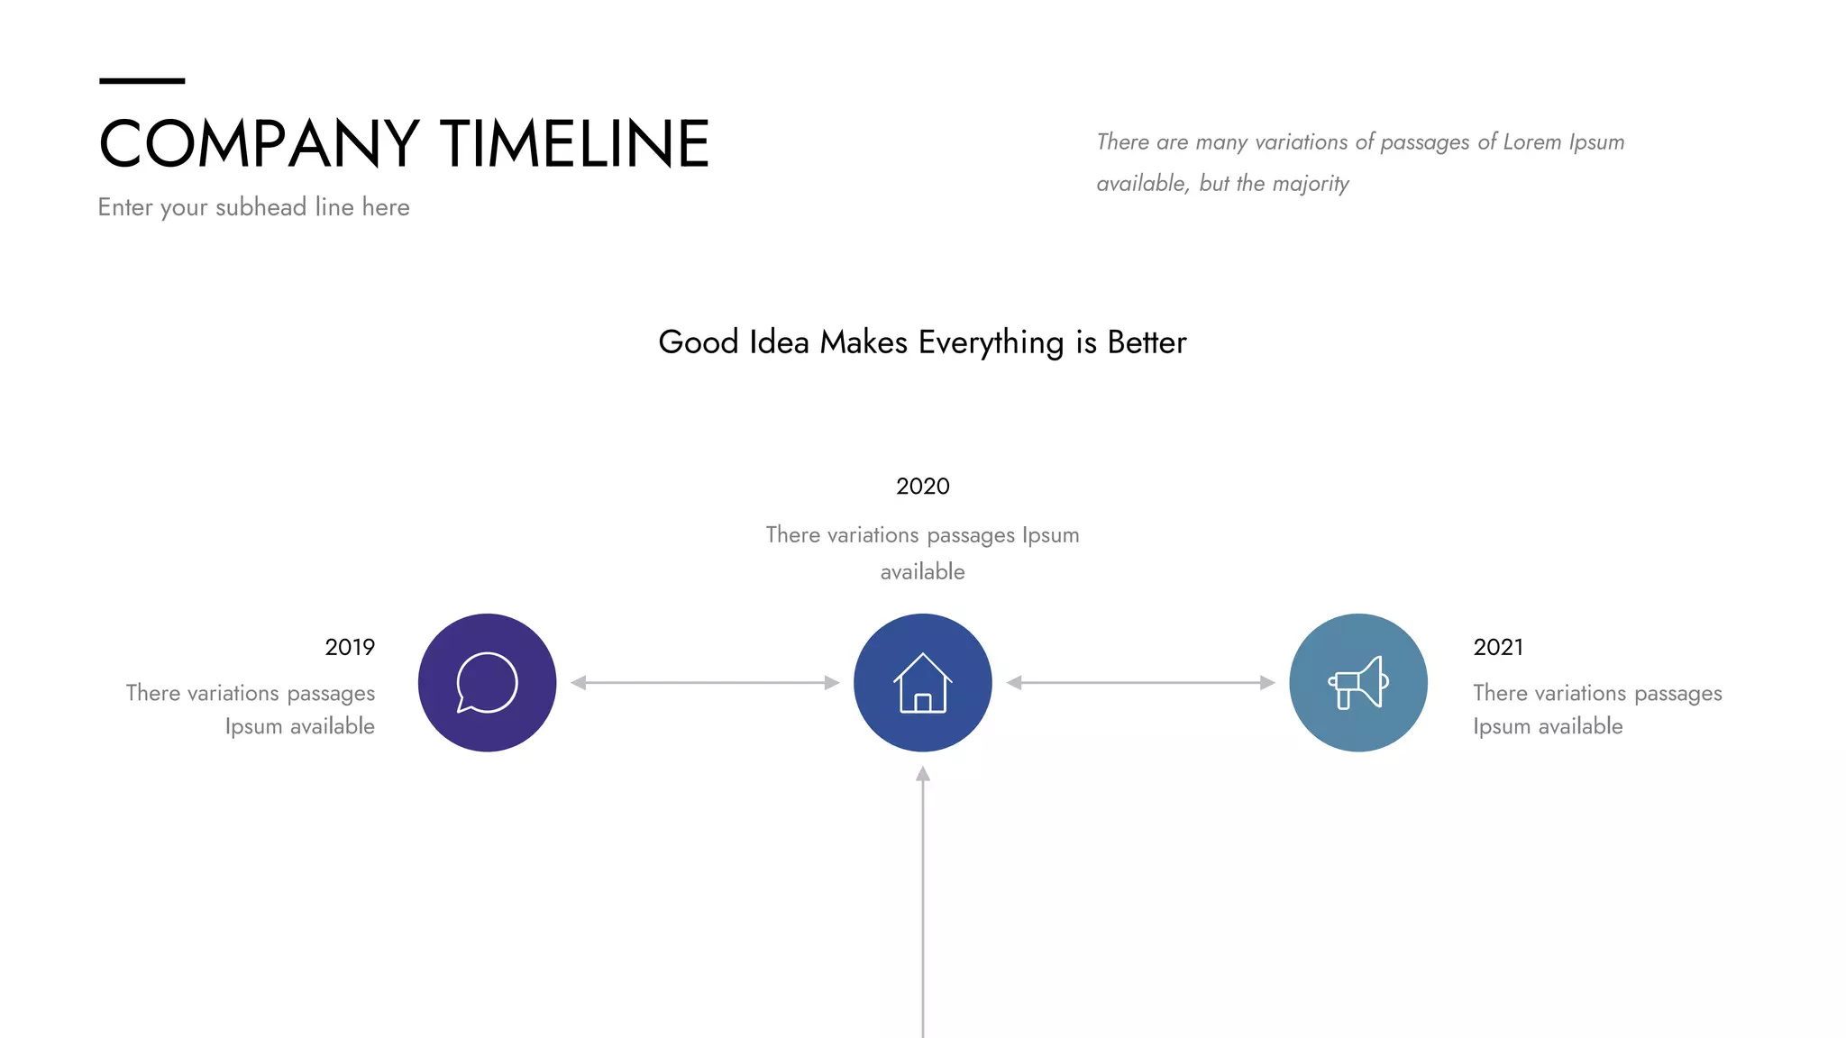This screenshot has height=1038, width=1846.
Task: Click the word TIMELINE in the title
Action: point(575,144)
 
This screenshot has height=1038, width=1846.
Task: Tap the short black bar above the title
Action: point(142,81)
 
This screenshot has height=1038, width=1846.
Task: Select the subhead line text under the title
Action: point(253,207)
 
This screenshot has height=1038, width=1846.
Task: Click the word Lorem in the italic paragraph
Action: point(1531,142)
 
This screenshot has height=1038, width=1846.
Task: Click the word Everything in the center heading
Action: point(991,343)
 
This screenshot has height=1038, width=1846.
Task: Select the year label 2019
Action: point(350,647)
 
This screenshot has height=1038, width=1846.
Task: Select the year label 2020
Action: point(922,487)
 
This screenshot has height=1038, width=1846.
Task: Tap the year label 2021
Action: point(1498,647)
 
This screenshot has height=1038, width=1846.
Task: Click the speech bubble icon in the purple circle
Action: point(487,683)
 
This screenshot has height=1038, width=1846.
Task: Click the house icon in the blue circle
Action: point(922,683)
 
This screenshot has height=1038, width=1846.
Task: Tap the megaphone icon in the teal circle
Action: point(1358,683)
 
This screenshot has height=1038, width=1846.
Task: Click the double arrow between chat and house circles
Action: point(705,683)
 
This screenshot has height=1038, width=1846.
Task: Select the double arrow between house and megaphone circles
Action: point(1140,683)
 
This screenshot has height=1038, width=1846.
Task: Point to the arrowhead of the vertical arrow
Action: point(922,774)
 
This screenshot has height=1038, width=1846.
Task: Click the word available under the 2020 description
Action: point(922,572)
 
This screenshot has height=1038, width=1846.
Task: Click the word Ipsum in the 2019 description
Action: point(252,726)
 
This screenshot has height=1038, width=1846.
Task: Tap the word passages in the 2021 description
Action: point(1677,694)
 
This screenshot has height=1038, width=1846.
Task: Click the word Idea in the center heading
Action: point(779,342)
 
